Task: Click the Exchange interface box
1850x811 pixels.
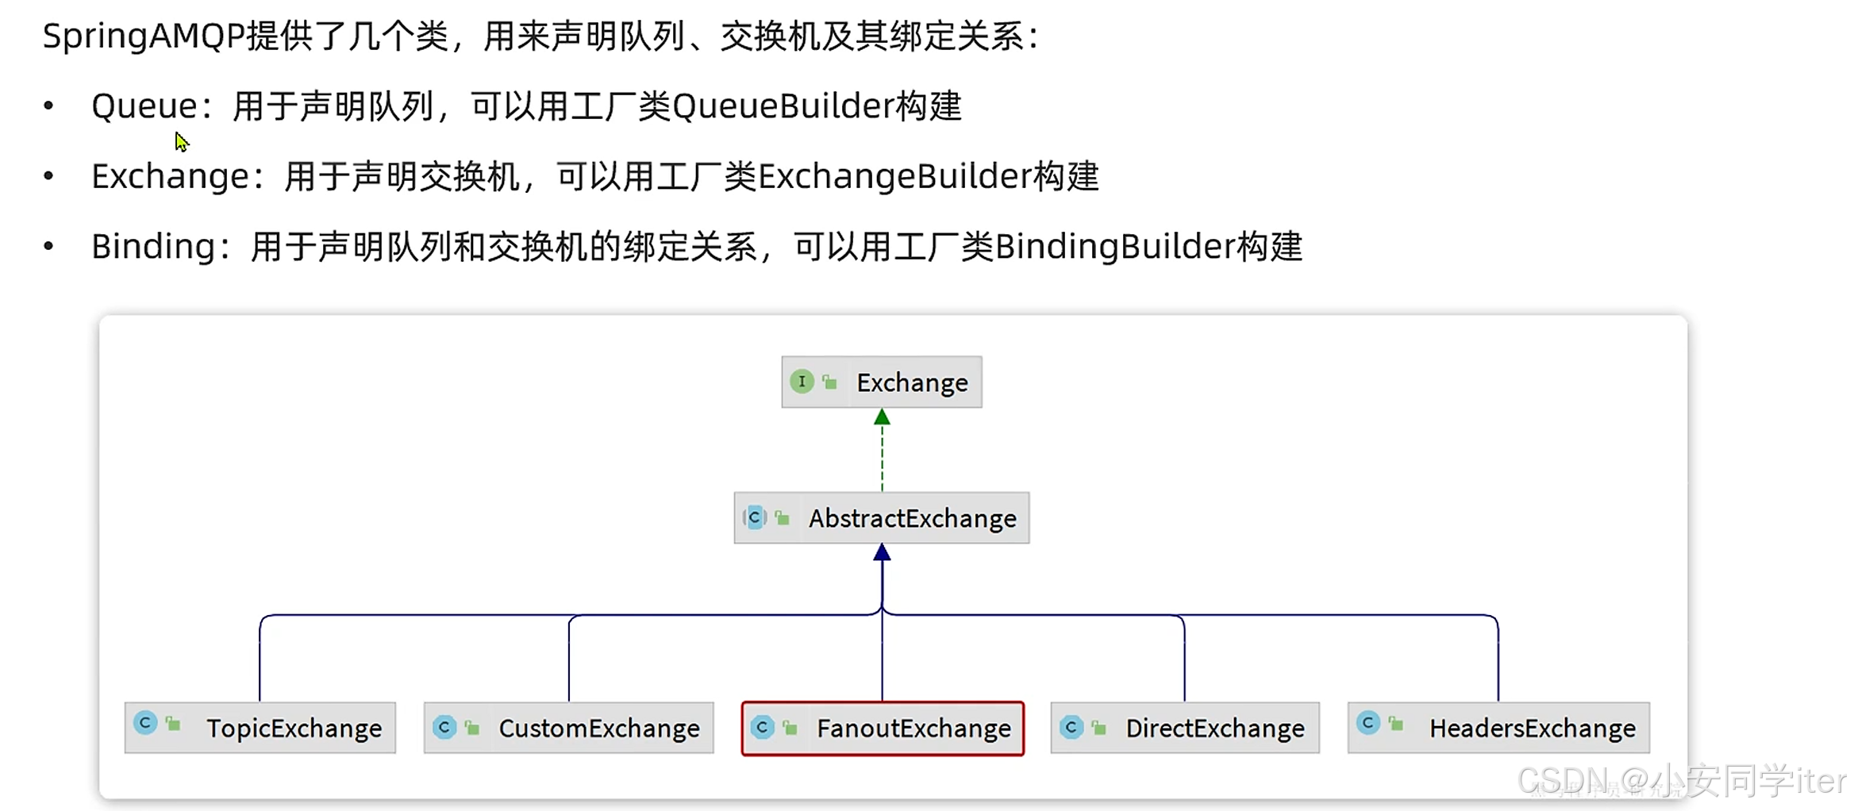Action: click(x=881, y=382)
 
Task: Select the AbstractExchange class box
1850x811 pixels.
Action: click(x=881, y=518)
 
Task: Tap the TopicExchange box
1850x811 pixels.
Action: click(x=260, y=728)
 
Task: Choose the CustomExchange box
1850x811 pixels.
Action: click(x=568, y=728)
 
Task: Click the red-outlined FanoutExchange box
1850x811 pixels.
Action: click(x=882, y=728)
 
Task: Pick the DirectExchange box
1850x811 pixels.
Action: click(x=1184, y=728)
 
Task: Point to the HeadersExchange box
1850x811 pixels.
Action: click(x=1498, y=728)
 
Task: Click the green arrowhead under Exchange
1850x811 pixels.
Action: click(x=882, y=417)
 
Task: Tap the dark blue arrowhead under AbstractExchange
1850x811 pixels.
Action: click(x=882, y=553)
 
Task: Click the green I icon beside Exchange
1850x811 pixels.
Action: click(x=802, y=382)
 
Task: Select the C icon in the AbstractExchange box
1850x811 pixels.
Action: click(x=755, y=518)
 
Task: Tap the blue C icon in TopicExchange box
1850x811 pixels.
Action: click(x=145, y=723)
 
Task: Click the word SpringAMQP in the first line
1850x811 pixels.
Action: click(x=143, y=37)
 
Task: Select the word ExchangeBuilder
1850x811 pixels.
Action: click(x=894, y=176)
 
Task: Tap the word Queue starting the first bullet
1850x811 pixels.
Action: click(x=144, y=106)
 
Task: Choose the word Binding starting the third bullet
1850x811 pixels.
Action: click(x=153, y=247)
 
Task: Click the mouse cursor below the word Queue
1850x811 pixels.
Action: click(x=182, y=142)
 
